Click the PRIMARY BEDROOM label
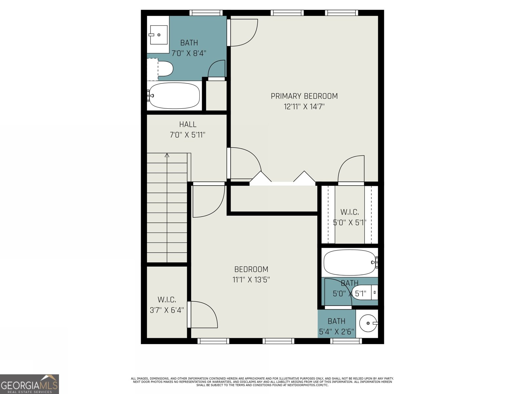coord(304,96)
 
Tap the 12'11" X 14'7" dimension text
coord(304,106)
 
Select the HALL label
coord(188,124)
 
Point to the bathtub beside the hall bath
coord(174,96)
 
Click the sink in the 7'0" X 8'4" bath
coord(158,34)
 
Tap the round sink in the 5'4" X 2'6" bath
coord(367,323)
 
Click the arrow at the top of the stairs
coord(167,155)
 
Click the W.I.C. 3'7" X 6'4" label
coord(167,305)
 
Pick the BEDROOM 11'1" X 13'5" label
coord(251,274)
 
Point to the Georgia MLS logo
coord(30,384)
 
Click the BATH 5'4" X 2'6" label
coord(336,326)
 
